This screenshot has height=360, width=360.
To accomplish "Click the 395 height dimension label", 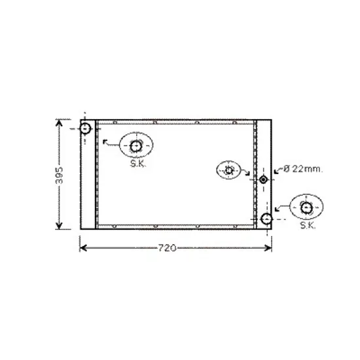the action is [59, 175].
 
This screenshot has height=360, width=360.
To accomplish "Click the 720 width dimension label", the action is [168, 248].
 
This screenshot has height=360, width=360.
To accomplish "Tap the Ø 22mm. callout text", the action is [303, 169].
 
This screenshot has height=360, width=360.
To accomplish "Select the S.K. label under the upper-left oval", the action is [138, 164].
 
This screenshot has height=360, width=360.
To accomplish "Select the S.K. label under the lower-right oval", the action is [308, 225].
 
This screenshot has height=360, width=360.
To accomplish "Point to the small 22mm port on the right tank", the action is [263, 179].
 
